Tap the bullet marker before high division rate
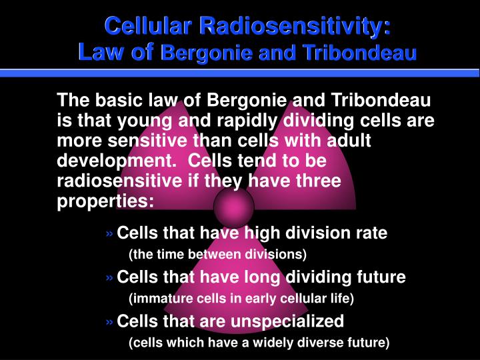pyautogui.click(x=109, y=234)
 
